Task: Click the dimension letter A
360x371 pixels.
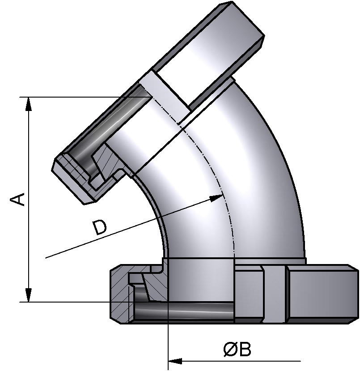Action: click(x=17, y=199)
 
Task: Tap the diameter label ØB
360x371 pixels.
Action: click(x=237, y=350)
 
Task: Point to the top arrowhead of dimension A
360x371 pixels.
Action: click(x=29, y=104)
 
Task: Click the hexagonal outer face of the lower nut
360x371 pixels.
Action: click(x=322, y=293)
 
